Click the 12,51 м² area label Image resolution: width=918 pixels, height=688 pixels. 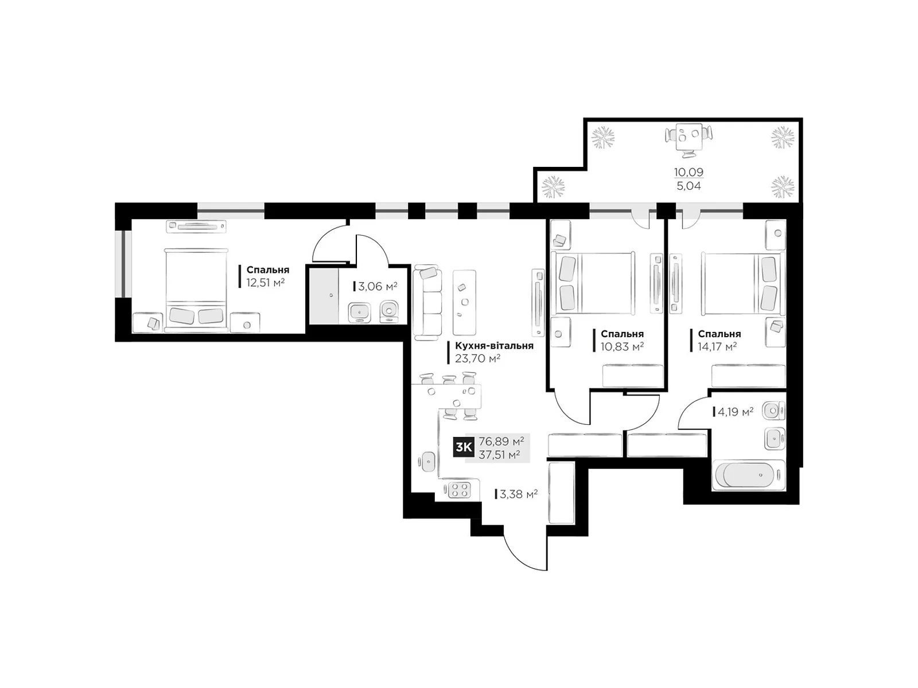(x=265, y=283)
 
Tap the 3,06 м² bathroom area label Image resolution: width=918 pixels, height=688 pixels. (x=377, y=286)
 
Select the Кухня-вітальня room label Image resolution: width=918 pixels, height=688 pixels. (x=494, y=346)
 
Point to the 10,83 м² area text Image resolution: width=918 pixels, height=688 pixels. (x=622, y=346)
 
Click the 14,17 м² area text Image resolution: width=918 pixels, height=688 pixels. (x=717, y=346)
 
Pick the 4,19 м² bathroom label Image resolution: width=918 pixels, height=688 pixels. (x=736, y=412)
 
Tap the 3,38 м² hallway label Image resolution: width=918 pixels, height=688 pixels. (x=519, y=494)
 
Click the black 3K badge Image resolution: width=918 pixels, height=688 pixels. (x=464, y=448)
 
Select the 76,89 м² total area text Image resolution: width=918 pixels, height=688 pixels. (x=501, y=441)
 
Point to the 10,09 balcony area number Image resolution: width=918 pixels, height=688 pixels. (x=688, y=171)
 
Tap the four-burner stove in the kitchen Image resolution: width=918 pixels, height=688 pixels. (x=459, y=490)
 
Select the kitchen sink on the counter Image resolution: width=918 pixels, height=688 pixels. (x=427, y=462)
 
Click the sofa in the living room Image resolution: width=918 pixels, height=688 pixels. (x=427, y=302)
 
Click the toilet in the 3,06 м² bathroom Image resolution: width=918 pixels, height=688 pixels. (x=389, y=311)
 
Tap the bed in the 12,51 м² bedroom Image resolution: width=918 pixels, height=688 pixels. (x=196, y=290)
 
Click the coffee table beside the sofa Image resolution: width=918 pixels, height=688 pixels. (x=464, y=303)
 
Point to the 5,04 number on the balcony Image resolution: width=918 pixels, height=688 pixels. (x=688, y=186)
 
